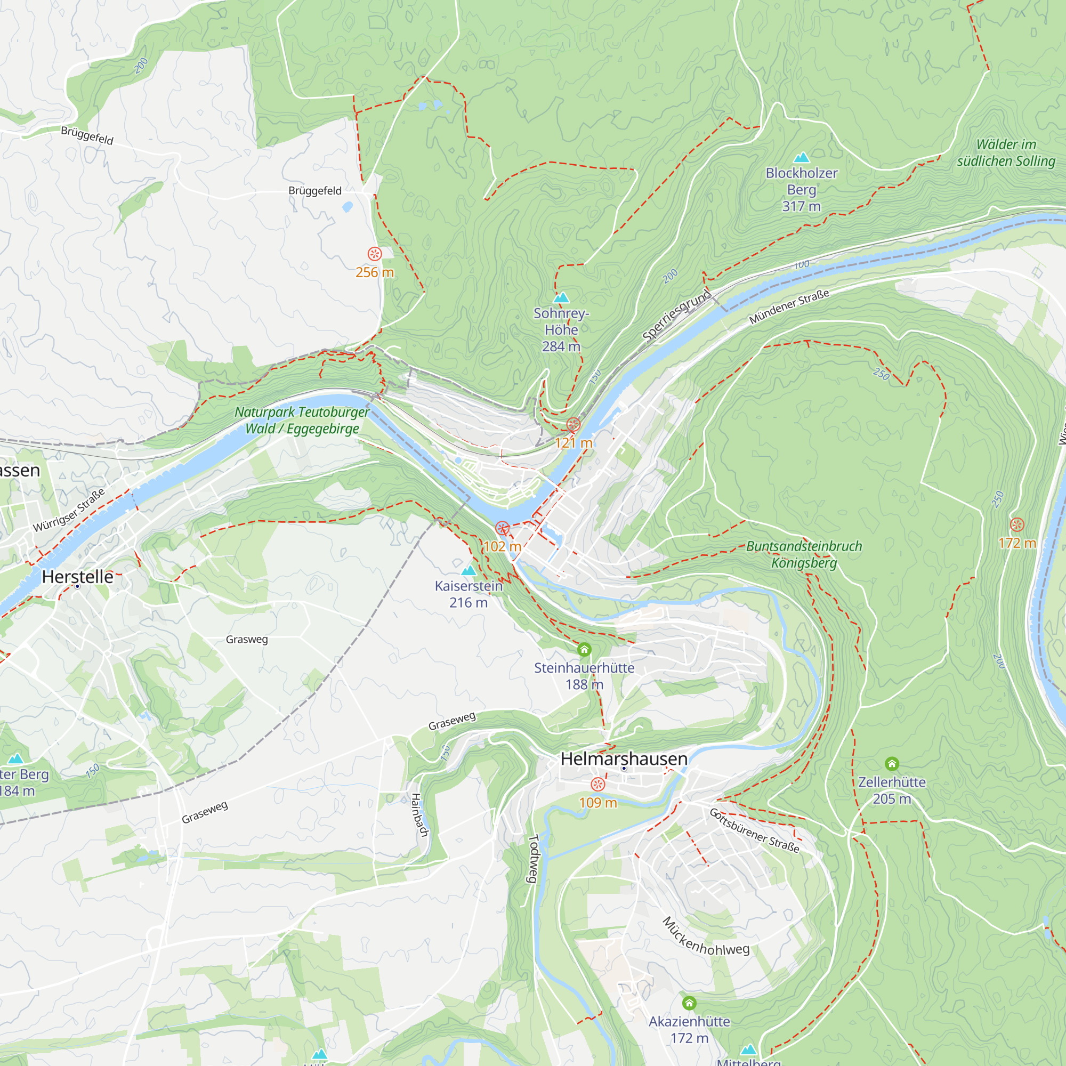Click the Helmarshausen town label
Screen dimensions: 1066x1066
tap(624, 758)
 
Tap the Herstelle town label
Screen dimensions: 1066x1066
tap(78, 577)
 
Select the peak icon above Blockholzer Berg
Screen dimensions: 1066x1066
tap(801, 158)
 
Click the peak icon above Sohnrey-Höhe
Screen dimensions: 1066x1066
tap(561, 298)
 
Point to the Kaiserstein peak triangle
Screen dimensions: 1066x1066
tap(469, 570)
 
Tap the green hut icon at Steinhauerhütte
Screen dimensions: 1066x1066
tap(584, 649)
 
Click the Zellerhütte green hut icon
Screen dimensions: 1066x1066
tap(892, 764)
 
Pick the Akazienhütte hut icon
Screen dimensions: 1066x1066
tap(689, 1003)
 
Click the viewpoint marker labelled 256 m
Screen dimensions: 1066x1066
tap(375, 254)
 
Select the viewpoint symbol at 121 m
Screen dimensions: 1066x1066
tap(574, 424)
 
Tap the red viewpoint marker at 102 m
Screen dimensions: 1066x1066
tap(502, 528)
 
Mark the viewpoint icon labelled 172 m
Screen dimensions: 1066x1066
tap(1017, 524)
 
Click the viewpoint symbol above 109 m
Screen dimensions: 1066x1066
tap(597, 785)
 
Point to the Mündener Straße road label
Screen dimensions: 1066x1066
tap(789, 307)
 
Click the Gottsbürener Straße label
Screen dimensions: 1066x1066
tap(754, 830)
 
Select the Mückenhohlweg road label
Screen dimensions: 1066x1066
tap(705, 937)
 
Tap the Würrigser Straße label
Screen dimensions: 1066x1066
tap(69, 511)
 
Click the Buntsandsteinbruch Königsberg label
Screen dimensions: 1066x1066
tap(804, 554)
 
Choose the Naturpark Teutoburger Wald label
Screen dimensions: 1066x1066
tap(302, 420)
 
